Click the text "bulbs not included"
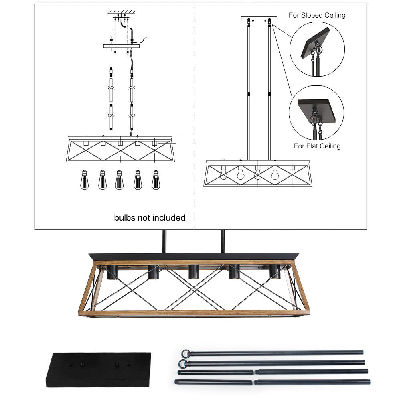click(150, 218)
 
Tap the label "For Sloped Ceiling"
click(317, 15)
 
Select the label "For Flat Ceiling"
click(317, 146)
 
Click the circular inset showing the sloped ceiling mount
click(317, 49)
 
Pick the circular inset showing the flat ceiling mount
click(316, 113)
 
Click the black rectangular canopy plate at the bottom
click(98, 369)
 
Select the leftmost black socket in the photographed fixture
click(112, 272)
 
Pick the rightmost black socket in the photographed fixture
click(275, 272)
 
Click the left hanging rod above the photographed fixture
click(164, 241)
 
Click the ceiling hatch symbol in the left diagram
click(120, 12)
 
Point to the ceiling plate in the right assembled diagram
click(259, 18)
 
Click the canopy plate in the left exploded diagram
click(122, 46)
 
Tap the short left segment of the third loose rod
click(216, 372)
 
